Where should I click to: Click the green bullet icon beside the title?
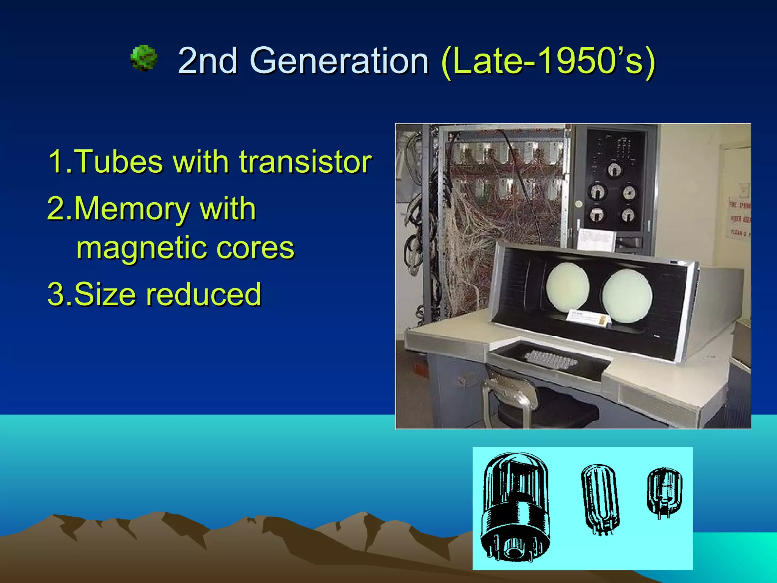(x=143, y=58)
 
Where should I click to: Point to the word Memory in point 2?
(x=131, y=209)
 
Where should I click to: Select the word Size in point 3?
(x=105, y=294)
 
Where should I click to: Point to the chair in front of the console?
(x=531, y=402)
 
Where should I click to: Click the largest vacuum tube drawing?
(x=515, y=507)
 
